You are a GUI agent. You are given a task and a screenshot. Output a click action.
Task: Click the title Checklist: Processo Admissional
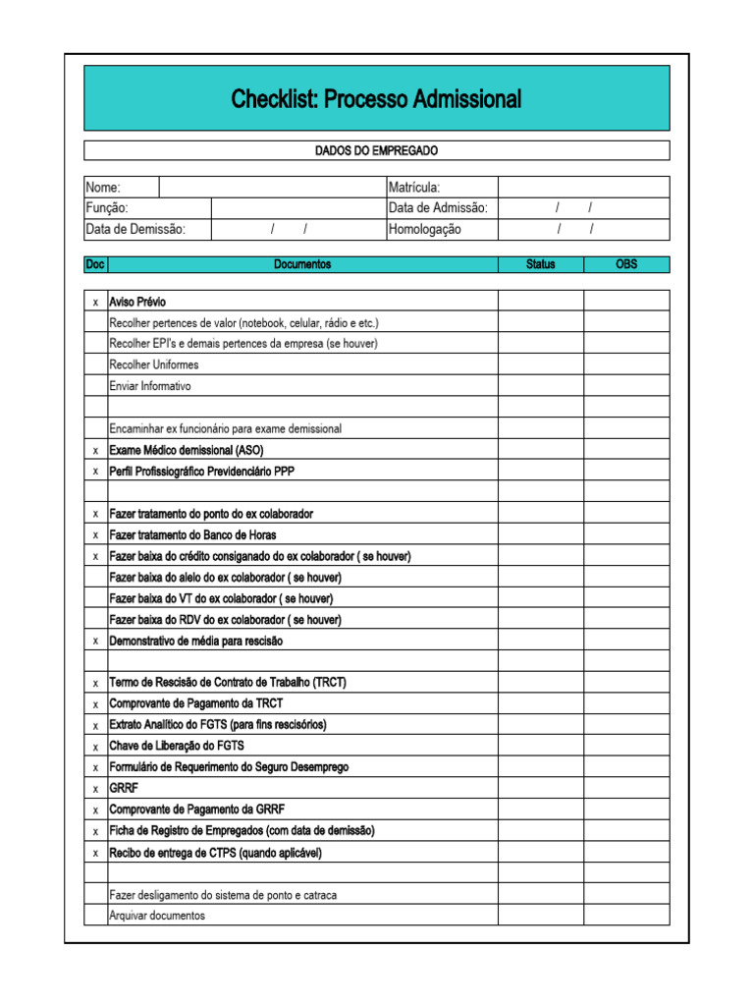click(x=376, y=99)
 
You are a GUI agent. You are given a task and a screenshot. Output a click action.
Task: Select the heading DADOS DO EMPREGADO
click(x=376, y=150)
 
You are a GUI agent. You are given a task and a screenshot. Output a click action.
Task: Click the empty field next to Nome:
click(x=272, y=187)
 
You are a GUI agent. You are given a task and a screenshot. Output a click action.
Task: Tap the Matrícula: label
click(x=414, y=187)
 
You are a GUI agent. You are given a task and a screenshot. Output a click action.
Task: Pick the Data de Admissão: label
click(x=438, y=208)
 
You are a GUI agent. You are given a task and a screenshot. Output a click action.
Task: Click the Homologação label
click(x=424, y=229)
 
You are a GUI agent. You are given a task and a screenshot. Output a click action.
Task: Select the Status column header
click(x=540, y=264)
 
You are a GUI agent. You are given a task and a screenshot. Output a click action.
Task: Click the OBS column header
click(x=626, y=264)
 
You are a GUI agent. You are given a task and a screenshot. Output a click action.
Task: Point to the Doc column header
click(x=95, y=264)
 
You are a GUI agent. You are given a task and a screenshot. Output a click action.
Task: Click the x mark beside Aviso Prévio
click(x=95, y=302)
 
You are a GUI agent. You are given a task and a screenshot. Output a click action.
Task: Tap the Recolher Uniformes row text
click(x=153, y=364)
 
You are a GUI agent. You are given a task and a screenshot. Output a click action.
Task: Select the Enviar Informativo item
click(x=150, y=386)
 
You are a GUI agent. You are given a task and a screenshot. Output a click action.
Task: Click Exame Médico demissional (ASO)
click(x=187, y=450)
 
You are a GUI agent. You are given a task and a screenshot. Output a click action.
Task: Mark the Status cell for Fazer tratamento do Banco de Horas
click(x=540, y=535)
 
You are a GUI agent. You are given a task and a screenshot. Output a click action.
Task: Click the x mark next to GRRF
click(x=95, y=789)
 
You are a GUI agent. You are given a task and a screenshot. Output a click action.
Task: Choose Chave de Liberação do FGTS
click(x=177, y=746)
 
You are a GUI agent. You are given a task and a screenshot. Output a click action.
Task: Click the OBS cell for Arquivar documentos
click(x=626, y=916)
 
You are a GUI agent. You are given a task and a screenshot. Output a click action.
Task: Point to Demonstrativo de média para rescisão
click(x=195, y=641)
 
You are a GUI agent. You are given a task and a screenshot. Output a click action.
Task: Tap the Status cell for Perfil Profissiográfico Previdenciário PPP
click(x=540, y=472)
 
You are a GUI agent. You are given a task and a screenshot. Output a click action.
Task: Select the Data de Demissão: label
click(x=135, y=229)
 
